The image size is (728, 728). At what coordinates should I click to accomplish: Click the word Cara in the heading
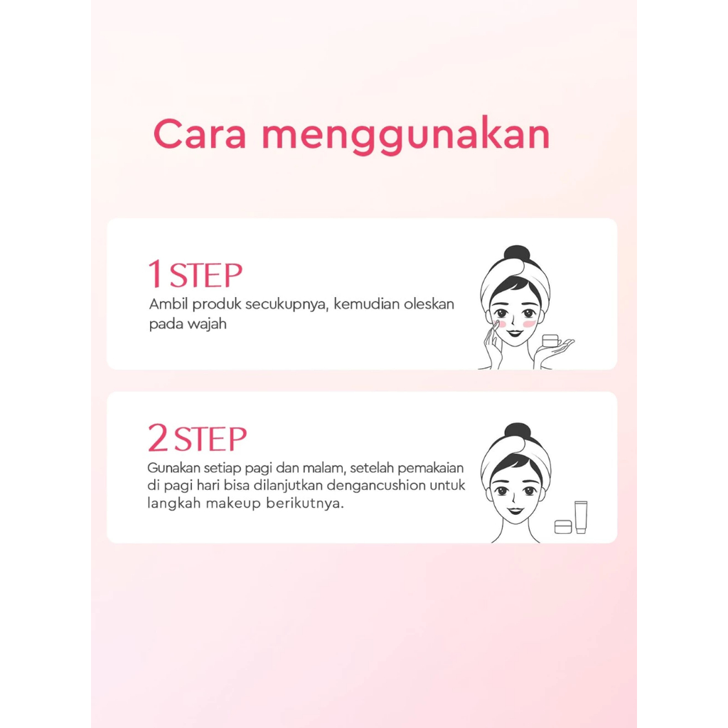[200, 134]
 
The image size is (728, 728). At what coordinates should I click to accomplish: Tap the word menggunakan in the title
[406, 136]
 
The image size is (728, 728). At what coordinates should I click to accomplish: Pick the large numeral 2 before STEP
[158, 438]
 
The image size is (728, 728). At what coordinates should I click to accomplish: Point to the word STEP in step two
[210, 439]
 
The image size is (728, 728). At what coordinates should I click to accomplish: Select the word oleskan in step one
[429, 304]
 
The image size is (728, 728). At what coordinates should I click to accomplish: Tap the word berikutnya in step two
[305, 503]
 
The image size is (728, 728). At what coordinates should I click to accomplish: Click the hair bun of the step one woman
[517, 256]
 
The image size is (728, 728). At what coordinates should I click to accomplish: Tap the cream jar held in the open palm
[550, 341]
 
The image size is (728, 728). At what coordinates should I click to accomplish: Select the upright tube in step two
[581, 518]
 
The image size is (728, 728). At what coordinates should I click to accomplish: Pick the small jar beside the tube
[563, 527]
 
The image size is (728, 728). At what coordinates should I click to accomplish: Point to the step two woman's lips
[515, 510]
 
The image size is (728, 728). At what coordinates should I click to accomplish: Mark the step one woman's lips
[515, 333]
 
